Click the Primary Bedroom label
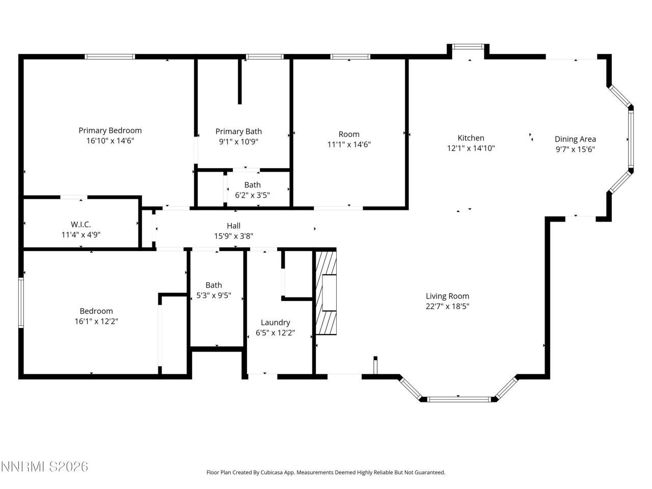pos(110,130)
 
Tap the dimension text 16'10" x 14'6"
pos(110,141)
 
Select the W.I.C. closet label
pos(80,224)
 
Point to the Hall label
pos(234,226)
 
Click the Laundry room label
pos(275,322)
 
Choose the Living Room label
pos(447,296)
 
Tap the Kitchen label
pos(471,138)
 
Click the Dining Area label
pos(575,139)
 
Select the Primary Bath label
pos(238,131)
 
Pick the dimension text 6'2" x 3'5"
pos(252,195)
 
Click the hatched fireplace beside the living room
pos(326,292)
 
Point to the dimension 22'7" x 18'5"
pos(447,306)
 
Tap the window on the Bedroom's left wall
pos(21,303)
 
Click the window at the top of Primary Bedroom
pos(110,57)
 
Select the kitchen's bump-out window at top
pos(469,47)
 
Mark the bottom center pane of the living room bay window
pos(458,399)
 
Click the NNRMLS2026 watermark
pos(44,467)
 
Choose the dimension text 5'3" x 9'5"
pos(214,295)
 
